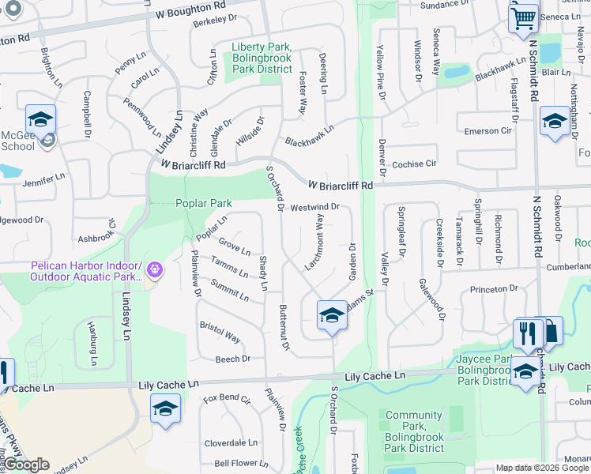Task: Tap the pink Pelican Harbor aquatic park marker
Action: [x=154, y=270]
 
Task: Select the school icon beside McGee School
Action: [x=40, y=120]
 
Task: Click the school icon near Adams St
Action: [x=332, y=316]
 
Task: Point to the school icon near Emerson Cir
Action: [x=555, y=121]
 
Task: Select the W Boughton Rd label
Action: [x=190, y=13]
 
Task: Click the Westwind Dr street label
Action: [x=314, y=207]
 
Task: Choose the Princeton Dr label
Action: [x=494, y=290]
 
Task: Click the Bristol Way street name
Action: [x=220, y=332]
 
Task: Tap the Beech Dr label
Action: [x=232, y=359]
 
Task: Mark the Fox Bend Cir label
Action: [x=227, y=399]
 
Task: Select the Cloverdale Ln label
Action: [x=231, y=443]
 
